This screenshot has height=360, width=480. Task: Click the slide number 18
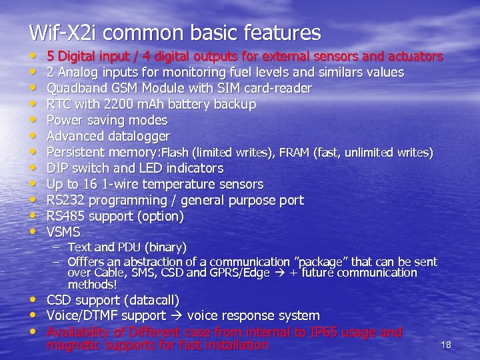click(x=446, y=345)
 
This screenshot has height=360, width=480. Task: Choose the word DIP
click(x=57, y=168)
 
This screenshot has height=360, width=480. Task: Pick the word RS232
click(x=65, y=200)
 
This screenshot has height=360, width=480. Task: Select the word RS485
click(x=65, y=216)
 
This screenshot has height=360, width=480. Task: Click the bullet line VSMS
click(x=63, y=232)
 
